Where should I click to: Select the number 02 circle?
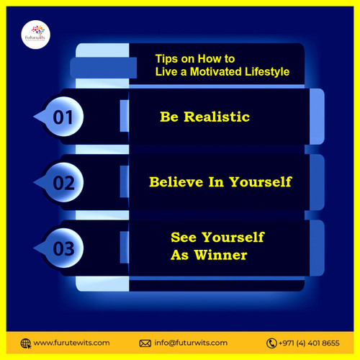point(63,183)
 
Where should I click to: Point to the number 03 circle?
point(63,248)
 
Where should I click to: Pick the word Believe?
point(174,182)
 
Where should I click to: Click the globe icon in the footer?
point(26,343)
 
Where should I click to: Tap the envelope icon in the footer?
point(145,343)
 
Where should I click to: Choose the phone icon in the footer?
point(271,343)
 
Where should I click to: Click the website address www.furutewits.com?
point(71,343)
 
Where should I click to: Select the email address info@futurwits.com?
point(191,343)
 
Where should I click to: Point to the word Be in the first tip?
point(168,117)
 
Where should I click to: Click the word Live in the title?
point(166,72)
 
